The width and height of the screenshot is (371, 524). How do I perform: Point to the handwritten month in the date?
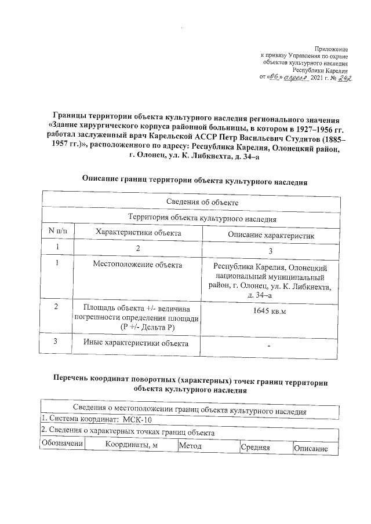[296, 77]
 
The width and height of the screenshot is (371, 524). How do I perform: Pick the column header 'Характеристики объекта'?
[137, 233]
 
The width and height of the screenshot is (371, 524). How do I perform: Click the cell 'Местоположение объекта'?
[137, 265]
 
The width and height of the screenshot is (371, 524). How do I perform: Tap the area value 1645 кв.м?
[270, 311]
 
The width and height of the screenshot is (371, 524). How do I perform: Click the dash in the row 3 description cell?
[270, 346]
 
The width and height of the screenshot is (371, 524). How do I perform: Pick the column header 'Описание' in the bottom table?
[311, 449]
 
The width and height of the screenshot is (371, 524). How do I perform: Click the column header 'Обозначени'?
[62, 444]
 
